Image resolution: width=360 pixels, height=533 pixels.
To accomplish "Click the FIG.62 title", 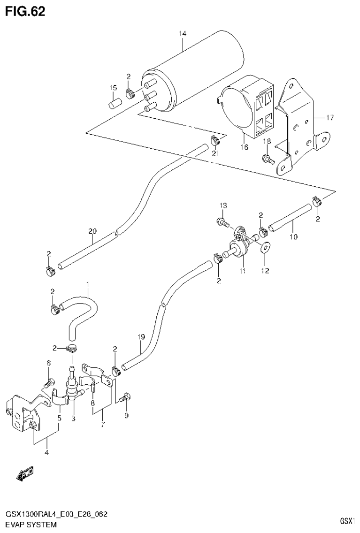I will click(x=25, y=12).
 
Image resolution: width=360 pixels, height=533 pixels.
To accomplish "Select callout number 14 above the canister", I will click(x=183, y=33).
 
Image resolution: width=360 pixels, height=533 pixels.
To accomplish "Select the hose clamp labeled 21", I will click(x=215, y=139).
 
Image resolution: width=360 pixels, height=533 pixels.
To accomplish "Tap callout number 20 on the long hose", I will click(x=92, y=230).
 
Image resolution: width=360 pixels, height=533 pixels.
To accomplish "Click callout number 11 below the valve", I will click(x=243, y=271).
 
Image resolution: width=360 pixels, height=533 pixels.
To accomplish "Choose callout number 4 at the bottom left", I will click(x=46, y=452).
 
